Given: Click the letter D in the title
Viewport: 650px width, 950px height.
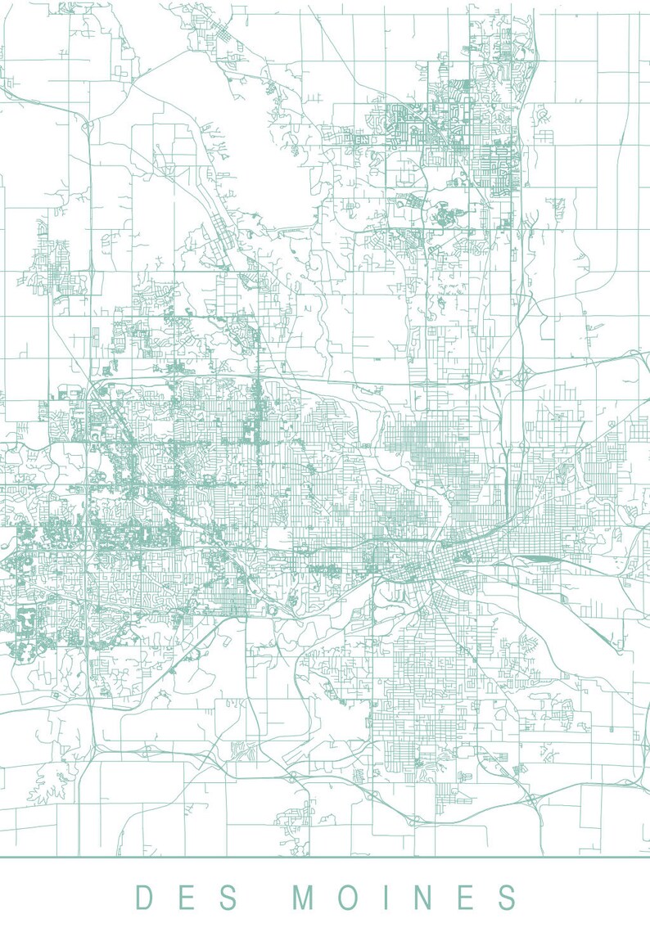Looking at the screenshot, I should (145, 898).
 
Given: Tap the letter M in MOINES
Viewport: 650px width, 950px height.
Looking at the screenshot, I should (305, 898).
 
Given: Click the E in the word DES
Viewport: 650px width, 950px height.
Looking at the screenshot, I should (187, 898).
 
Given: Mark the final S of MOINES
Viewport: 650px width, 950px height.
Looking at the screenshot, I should (506, 898).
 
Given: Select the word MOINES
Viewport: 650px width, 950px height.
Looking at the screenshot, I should (405, 898).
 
